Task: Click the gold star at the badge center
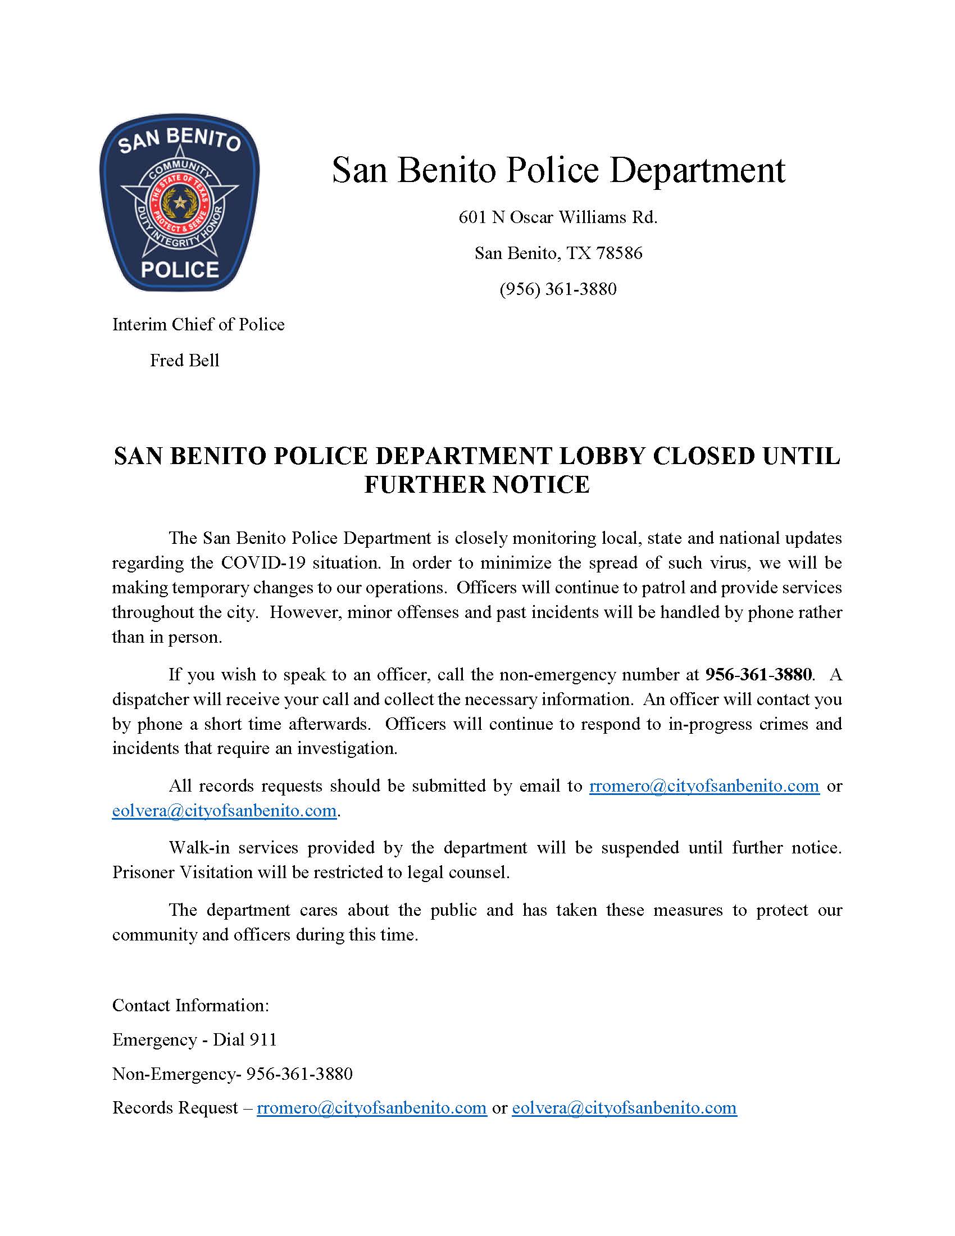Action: [180, 202]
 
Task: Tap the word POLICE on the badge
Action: [180, 269]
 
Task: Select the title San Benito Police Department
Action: [558, 170]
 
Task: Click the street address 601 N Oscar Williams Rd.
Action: [558, 217]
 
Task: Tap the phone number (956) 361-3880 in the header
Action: [558, 289]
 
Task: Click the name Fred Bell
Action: [184, 361]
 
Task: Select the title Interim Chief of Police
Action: [198, 325]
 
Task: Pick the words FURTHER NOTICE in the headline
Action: [477, 485]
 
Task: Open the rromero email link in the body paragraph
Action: [704, 786]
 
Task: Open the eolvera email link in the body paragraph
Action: [225, 811]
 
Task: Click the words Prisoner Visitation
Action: [182, 873]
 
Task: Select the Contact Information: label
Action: [190, 1005]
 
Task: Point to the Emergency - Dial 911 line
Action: [194, 1039]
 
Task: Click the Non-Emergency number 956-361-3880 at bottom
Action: [299, 1074]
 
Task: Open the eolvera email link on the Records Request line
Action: [624, 1107]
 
